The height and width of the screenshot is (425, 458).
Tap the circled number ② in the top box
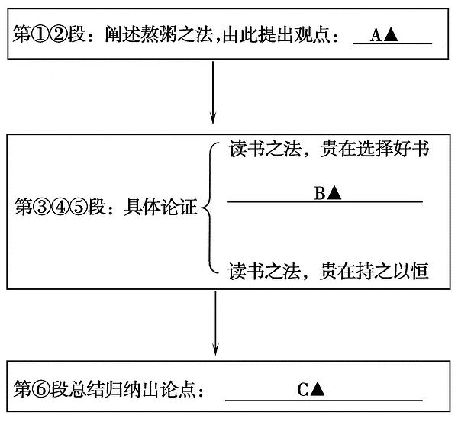tap(59, 34)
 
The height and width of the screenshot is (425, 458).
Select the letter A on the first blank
tap(376, 36)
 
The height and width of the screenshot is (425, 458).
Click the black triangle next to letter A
tap(391, 36)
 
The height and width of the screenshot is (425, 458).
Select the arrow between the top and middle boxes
tap(213, 92)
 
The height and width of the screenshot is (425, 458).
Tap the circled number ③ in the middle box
tap(42, 207)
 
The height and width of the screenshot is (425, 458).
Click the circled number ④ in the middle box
tap(60, 207)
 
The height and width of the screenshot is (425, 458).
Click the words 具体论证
tap(160, 207)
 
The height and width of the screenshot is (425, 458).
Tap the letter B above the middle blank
tap(320, 193)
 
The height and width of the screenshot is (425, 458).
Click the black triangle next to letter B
tap(334, 193)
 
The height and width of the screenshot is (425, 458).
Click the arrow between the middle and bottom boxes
tap(215, 323)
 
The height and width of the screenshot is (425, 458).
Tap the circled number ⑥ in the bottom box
tap(41, 389)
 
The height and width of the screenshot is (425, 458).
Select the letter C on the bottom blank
tap(302, 389)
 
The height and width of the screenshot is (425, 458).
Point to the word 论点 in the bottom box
tap(178, 389)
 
